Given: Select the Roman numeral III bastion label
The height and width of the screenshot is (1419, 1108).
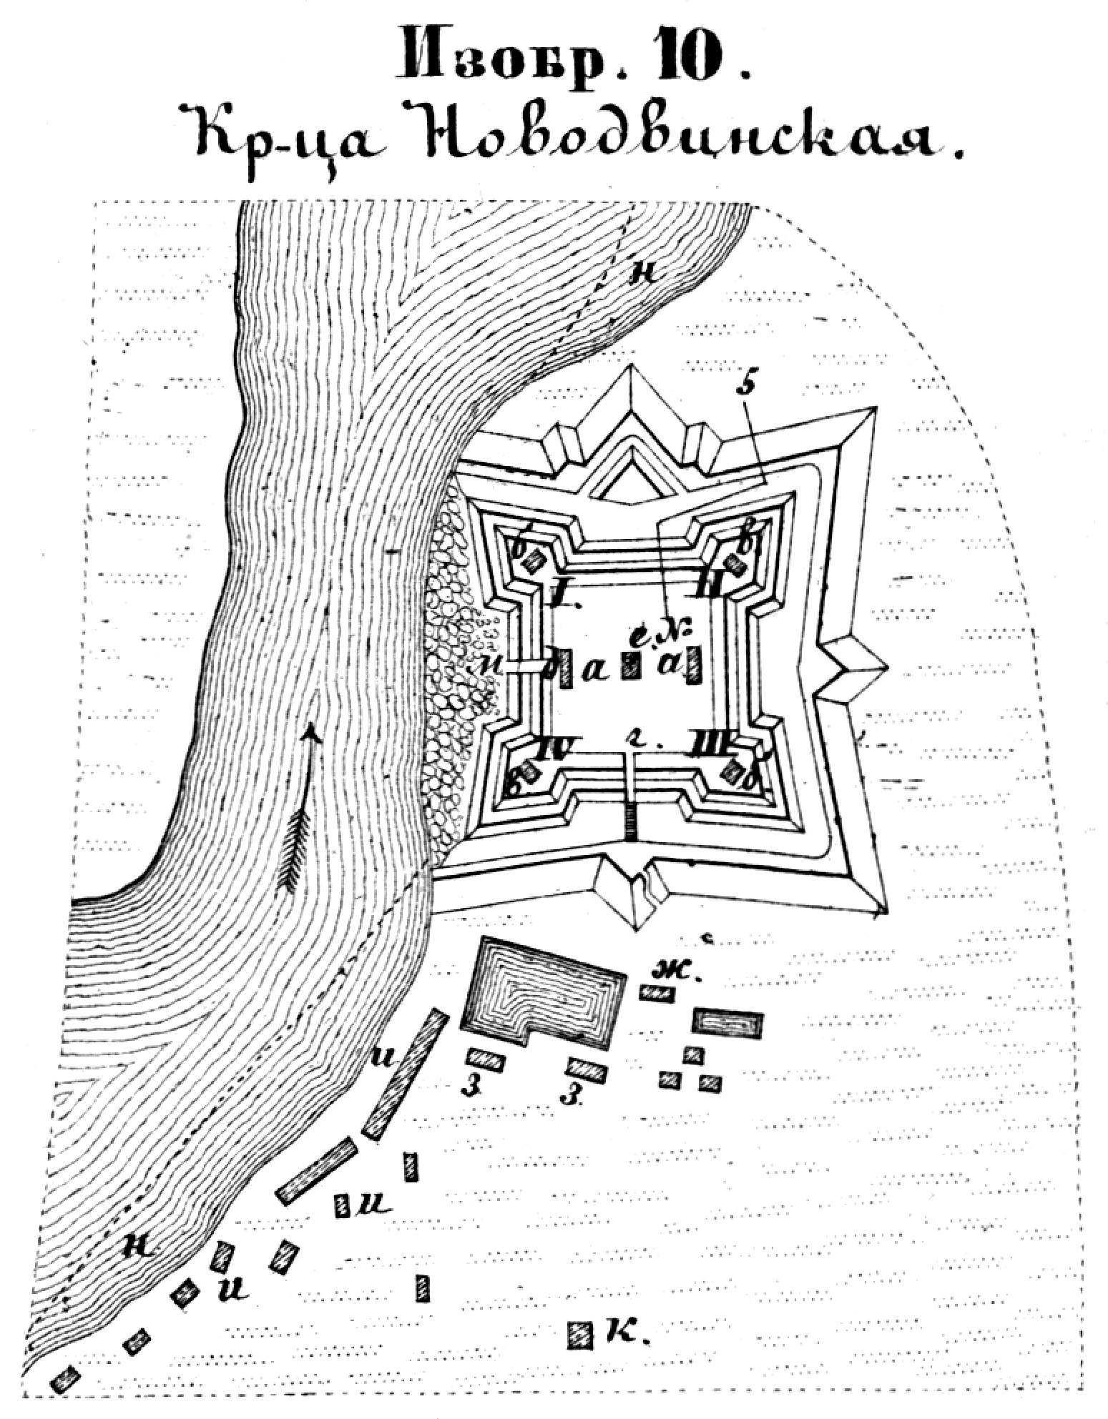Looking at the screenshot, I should click(708, 743).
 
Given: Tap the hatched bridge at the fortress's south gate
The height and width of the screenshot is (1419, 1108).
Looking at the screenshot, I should click(629, 822).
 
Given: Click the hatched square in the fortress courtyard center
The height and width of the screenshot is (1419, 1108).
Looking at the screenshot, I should click(630, 665).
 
